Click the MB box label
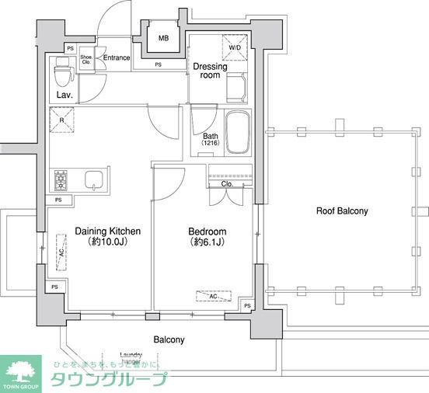pyautogui.click(x=164, y=39)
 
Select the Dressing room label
pyautogui.click(x=211, y=71)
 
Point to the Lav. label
pyautogui.click(x=65, y=96)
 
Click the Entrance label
pyautogui.click(x=117, y=58)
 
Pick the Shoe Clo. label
pyautogui.click(x=87, y=58)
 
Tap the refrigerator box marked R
pyautogui.click(x=61, y=121)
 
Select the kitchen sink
pyautogui.click(x=93, y=180)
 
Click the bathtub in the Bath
pyautogui.click(x=237, y=132)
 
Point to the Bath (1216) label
pyautogui.click(x=211, y=140)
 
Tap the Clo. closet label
pyautogui.click(x=227, y=185)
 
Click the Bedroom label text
pyautogui.click(x=208, y=232)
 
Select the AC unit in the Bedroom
pyautogui.click(x=213, y=296)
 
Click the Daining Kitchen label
pyautogui.click(x=107, y=231)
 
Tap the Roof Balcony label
pyautogui.click(x=341, y=210)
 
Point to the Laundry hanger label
pyautogui.click(x=130, y=356)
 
